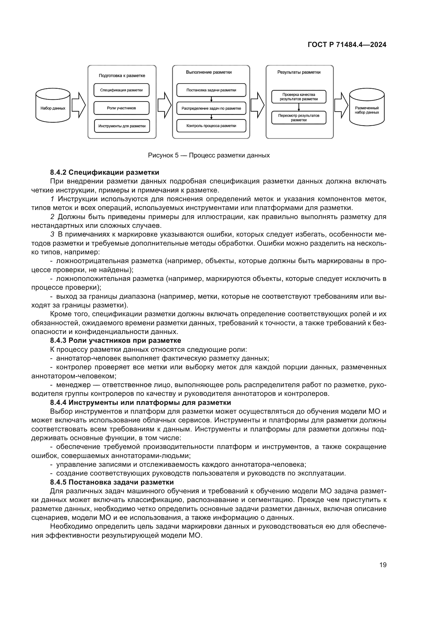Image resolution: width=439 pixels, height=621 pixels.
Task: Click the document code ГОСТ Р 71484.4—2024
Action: tap(347, 45)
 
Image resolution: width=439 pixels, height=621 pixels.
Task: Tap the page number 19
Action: tap(383, 565)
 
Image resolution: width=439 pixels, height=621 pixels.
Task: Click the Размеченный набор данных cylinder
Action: tap(367, 108)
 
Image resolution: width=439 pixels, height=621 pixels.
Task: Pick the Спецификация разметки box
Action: tap(121, 90)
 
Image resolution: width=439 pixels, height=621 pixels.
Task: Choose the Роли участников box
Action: tap(121, 108)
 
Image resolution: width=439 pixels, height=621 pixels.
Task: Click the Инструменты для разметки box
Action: tap(122, 126)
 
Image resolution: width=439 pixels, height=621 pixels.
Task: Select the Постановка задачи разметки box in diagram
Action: tap(211, 90)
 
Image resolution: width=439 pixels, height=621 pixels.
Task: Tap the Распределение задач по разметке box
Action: tap(211, 108)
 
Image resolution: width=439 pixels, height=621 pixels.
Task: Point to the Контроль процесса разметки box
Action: tap(211, 126)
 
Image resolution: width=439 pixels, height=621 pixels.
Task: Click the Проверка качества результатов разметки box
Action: tap(299, 97)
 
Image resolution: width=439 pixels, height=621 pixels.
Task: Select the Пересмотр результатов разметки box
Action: tap(299, 118)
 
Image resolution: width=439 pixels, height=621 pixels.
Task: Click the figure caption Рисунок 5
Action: tap(209, 155)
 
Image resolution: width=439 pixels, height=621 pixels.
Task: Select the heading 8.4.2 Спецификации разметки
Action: tap(105, 172)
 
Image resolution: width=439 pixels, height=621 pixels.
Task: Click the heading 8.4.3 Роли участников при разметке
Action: tap(115, 340)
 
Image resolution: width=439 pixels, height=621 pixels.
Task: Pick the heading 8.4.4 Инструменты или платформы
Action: tap(140, 402)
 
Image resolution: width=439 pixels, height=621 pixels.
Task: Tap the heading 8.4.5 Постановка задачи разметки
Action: tap(112, 482)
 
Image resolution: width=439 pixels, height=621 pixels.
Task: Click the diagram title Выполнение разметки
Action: tap(209, 72)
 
